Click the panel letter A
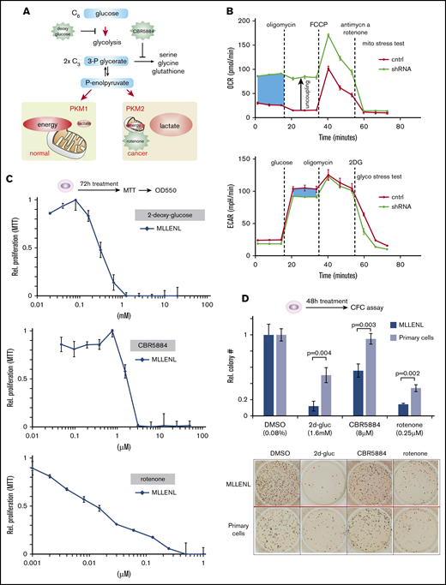9,9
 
